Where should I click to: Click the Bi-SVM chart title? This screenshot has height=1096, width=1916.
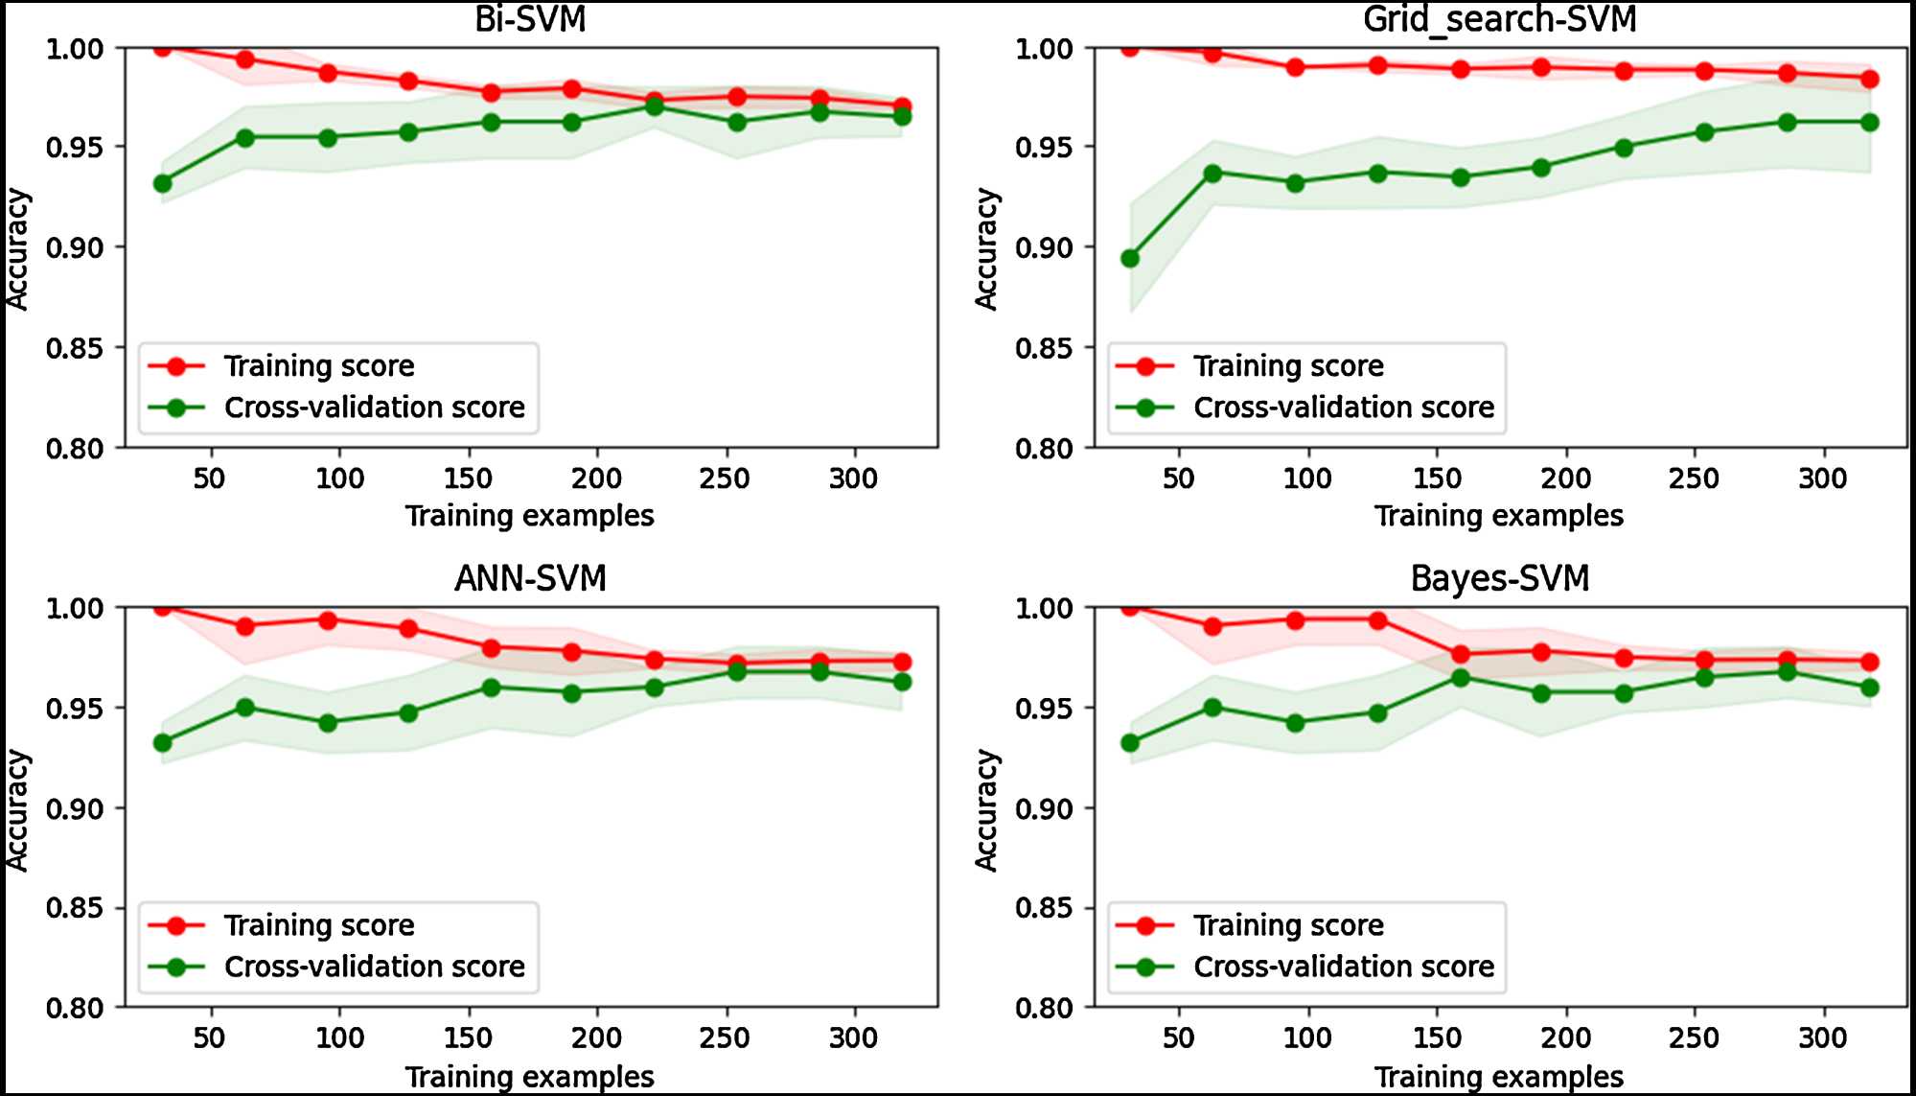[530, 19]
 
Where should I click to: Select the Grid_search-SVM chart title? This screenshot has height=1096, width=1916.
[1499, 19]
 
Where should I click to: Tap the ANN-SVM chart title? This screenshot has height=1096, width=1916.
[530, 578]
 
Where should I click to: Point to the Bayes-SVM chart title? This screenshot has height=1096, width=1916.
[1499, 578]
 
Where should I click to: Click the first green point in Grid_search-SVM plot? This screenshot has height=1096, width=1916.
[1130, 258]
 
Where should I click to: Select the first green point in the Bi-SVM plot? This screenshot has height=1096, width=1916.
[162, 183]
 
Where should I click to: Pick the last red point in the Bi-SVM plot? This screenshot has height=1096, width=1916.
[902, 106]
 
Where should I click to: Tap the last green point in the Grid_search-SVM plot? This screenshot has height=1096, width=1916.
[1869, 123]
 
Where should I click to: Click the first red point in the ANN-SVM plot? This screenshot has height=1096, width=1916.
[162, 607]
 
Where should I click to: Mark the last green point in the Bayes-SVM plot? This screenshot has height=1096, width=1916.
[1869, 688]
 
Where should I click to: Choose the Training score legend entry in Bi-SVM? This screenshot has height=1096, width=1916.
[318, 366]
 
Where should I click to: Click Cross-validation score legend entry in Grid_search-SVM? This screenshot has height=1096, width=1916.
[1343, 408]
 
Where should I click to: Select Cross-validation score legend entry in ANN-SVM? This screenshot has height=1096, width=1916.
[374, 967]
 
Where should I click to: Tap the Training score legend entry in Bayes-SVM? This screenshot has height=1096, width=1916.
[1287, 925]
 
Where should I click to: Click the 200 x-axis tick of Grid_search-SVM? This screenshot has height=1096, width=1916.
[1565, 478]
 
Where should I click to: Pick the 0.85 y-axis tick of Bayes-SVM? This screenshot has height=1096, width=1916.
[1044, 908]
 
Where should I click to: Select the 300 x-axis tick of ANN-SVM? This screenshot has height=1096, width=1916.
[853, 1038]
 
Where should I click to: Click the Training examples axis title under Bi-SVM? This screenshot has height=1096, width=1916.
[529, 516]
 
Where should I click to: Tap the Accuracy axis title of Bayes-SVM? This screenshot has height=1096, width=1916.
[986, 810]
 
